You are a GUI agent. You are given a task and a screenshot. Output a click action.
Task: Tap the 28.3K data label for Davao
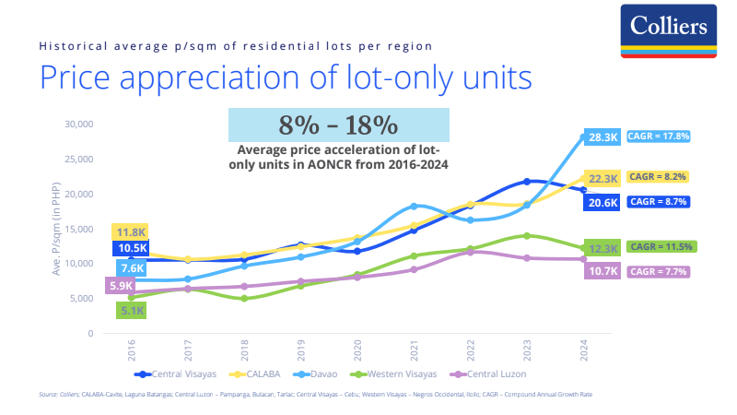tap(603, 136)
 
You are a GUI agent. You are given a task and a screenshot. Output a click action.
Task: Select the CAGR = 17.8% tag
tap(658, 136)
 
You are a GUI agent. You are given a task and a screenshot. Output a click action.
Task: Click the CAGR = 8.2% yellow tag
tap(658, 176)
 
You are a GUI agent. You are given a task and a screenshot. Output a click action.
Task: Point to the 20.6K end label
tap(603, 201)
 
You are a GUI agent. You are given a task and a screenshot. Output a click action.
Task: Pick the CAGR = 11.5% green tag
tap(661, 246)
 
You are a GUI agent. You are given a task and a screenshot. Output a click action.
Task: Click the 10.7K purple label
tap(603, 271)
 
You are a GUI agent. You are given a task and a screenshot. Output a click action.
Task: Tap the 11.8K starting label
tap(130, 232)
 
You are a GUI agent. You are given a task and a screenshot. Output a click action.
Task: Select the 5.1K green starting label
tap(130, 311)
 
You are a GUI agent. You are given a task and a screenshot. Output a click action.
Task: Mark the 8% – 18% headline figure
tap(338, 125)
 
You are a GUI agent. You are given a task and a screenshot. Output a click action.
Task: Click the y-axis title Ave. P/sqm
tap(56, 229)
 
